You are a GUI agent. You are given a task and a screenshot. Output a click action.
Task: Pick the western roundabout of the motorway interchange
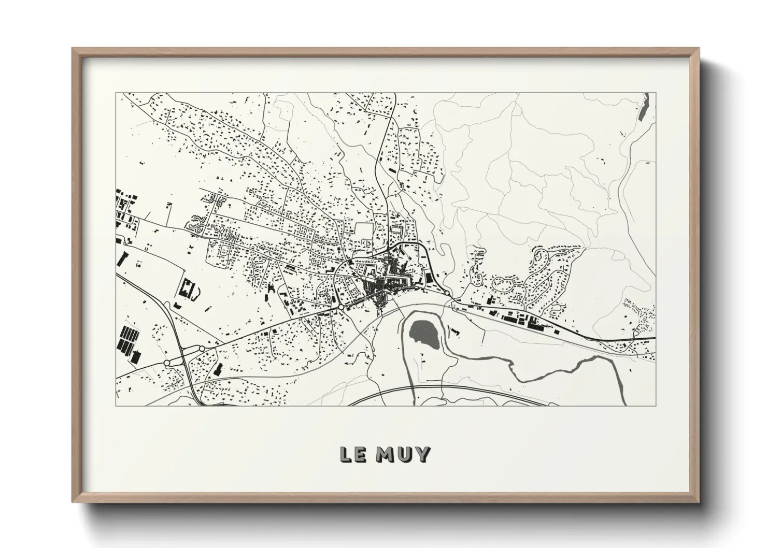(168, 363)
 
